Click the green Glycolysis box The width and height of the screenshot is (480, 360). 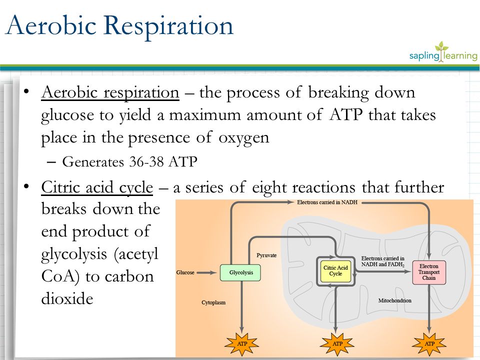click(240, 272)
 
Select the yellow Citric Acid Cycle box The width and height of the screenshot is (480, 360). click(335, 270)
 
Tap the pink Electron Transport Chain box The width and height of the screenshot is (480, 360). click(428, 271)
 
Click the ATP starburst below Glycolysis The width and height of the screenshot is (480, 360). click(241, 344)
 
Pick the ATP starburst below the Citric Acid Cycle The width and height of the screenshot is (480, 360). click(337, 344)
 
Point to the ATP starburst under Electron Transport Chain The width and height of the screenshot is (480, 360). click(429, 344)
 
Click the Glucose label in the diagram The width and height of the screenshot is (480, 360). click(185, 272)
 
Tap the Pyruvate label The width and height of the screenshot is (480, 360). click(266, 255)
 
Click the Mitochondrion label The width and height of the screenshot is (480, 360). click(395, 300)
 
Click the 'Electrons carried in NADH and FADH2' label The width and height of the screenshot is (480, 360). click(383, 261)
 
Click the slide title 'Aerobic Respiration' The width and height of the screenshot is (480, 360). click(119, 26)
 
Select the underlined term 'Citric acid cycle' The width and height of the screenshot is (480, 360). click(97, 187)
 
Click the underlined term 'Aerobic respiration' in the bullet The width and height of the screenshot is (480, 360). click(110, 93)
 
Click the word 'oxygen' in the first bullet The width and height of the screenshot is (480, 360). click(244, 138)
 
